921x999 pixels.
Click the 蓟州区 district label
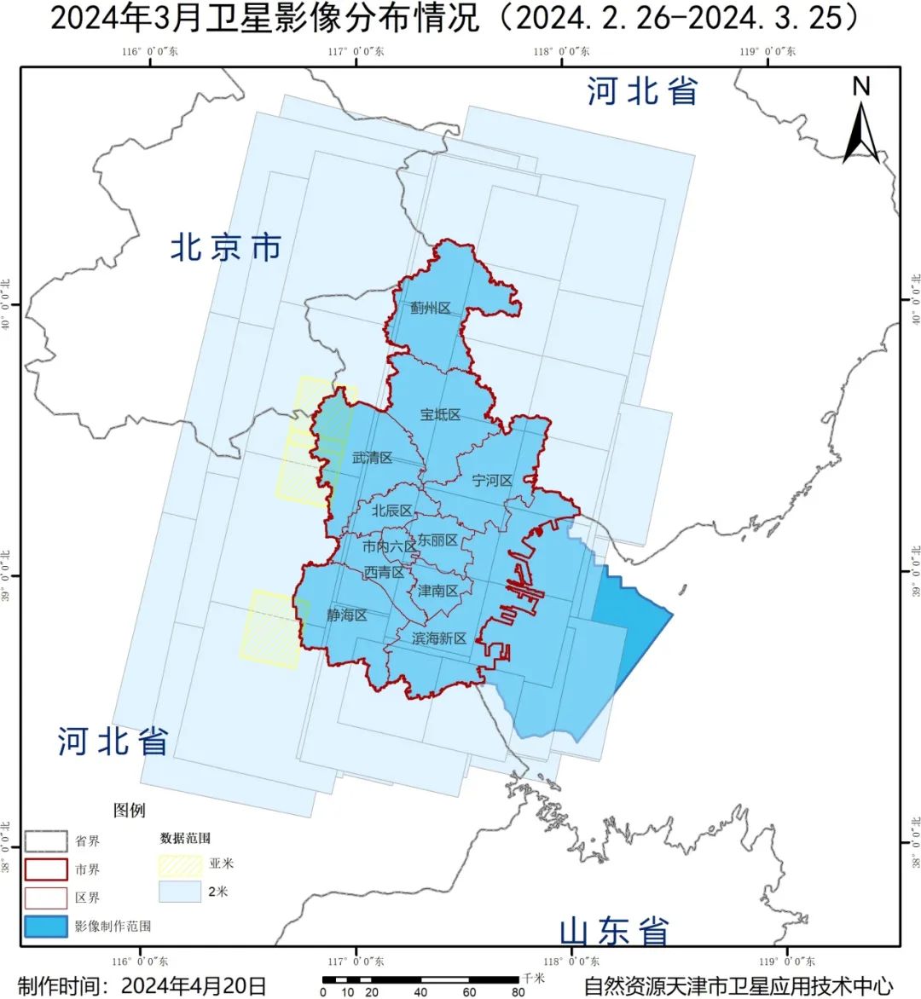pyautogui.click(x=430, y=308)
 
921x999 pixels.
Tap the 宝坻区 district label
pyautogui.click(x=440, y=414)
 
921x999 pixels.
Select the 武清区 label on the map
pyautogui.click(x=372, y=458)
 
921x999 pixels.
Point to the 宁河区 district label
pyautogui.click(x=492, y=481)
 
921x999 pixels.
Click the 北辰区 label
pyautogui.click(x=391, y=511)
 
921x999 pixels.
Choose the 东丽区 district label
pyautogui.click(x=437, y=540)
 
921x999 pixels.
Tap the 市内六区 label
pyautogui.click(x=389, y=546)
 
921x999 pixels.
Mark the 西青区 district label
pyautogui.click(x=384, y=572)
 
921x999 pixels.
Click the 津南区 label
pyautogui.click(x=437, y=591)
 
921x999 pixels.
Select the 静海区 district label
pyautogui.click(x=346, y=615)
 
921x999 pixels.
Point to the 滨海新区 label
pyautogui.click(x=438, y=638)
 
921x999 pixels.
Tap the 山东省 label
pyautogui.click(x=614, y=931)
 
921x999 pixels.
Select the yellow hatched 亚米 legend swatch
pyautogui.click(x=180, y=864)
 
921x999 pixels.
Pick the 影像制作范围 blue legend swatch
pyautogui.click(x=45, y=927)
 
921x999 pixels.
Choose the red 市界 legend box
pyautogui.click(x=45, y=869)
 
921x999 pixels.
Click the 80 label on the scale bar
pyautogui.click(x=518, y=992)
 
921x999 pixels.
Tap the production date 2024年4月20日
pyautogui.click(x=194, y=985)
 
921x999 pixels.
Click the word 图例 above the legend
pyautogui.click(x=130, y=810)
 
